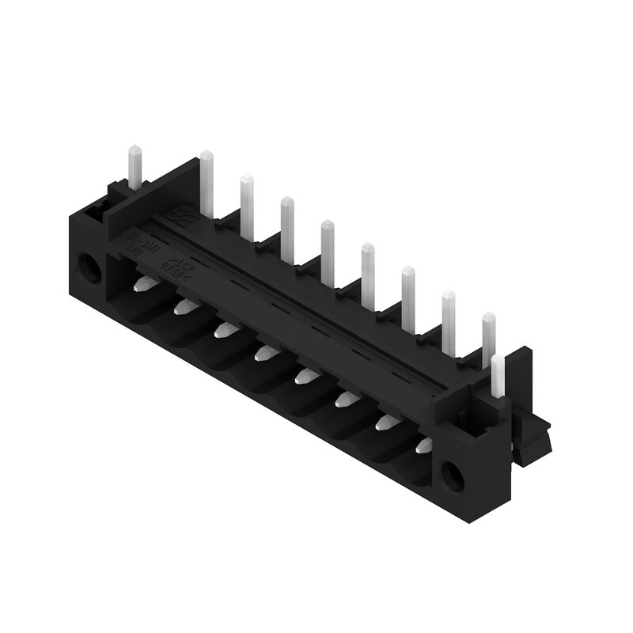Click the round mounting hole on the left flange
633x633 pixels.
(x=89, y=269)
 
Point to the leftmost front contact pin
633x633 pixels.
(x=143, y=285)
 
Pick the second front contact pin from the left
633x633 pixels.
(x=185, y=305)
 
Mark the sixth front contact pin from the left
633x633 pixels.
(x=347, y=399)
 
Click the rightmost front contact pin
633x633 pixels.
(x=425, y=445)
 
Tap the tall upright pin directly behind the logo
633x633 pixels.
(x=207, y=183)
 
